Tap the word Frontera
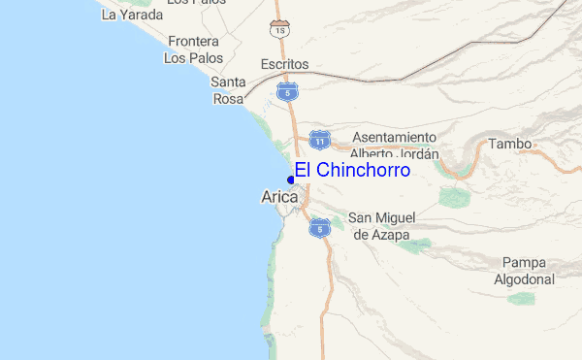(x=194, y=42)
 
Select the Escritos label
(x=284, y=64)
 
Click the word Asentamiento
(x=394, y=137)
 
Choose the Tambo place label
(x=510, y=144)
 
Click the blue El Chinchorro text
(x=352, y=170)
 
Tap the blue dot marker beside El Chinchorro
(x=291, y=179)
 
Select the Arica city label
(x=280, y=197)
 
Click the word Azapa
(x=391, y=235)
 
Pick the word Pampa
(x=525, y=263)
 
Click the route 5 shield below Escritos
(x=286, y=91)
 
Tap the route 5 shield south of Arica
(x=320, y=228)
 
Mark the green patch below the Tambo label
(x=454, y=198)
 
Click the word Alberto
(x=372, y=153)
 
